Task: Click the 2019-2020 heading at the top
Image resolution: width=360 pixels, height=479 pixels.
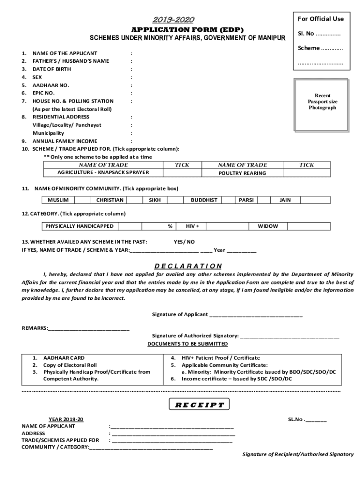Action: [x=173, y=20]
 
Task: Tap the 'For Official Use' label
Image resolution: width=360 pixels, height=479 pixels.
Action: [x=320, y=19]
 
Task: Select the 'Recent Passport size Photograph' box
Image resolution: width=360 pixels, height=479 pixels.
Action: [x=322, y=102]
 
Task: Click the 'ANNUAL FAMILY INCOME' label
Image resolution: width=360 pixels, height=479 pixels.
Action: [x=65, y=141]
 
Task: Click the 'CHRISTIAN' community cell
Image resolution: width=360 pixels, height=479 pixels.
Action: [x=110, y=200]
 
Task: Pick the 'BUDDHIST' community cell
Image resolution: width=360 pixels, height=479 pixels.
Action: [x=204, y=200]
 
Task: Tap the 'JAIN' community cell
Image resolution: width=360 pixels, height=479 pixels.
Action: [x=285, y=200]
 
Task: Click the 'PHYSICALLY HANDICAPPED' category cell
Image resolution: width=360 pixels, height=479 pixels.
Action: [x=79, y=226]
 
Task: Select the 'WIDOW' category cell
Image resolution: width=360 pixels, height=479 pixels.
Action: [x=268, y=226]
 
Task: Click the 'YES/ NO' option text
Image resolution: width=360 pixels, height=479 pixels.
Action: [x=184, y=242]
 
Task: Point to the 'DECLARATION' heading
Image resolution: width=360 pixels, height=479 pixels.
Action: [x=188, y=266]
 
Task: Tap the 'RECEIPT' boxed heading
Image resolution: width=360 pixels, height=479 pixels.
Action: [x=200, y=405]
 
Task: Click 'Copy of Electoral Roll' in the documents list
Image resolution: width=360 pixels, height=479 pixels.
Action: [x=70, y=365]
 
